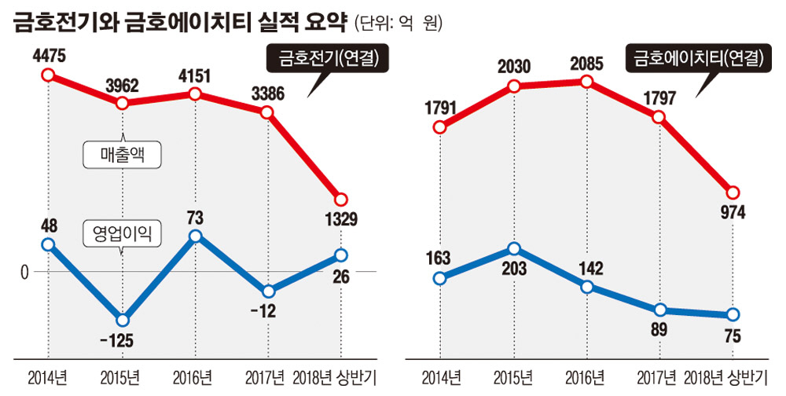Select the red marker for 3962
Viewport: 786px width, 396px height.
pos(121,102)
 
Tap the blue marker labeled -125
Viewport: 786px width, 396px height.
pos(121,320)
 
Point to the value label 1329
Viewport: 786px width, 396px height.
pos(340,217)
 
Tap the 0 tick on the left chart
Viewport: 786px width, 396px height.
pos(24,272)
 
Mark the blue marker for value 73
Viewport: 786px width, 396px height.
pos(195,236)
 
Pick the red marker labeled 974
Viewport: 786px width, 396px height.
pos(733,192)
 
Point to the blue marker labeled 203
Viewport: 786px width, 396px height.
pos(513,248)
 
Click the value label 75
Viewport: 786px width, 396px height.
pos(733,336)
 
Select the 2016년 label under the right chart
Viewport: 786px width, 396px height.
pos(586,374)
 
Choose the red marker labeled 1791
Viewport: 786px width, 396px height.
pos(440,127)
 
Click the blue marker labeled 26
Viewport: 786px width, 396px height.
pos(340,255)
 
